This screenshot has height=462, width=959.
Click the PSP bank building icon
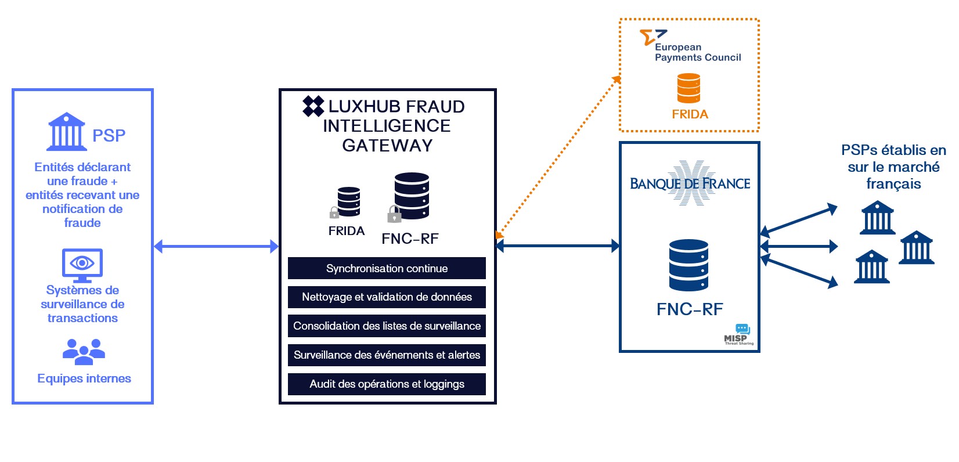pos(66,132)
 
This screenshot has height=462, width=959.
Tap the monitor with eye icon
pos(82,265)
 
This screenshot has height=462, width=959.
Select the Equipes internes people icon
pos(84,351)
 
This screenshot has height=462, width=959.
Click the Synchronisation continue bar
pos(387,268)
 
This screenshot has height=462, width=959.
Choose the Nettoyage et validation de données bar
pos(387,297)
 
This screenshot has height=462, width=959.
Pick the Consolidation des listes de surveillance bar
pos(387,326)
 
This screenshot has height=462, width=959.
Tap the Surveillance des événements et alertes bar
pos(387,355)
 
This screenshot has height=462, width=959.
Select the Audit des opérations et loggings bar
pos(387,384)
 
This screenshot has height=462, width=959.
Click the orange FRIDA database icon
pos(688,88)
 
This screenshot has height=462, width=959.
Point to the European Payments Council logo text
pos(697,52)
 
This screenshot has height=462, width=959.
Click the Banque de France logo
pos(690,183)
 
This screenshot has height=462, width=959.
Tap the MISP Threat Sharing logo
pos(738,335)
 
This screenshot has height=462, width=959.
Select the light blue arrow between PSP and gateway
pos(216,247)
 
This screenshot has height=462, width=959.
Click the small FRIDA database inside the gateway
pos(349,201)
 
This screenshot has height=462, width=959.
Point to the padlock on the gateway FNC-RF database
pos(394,215)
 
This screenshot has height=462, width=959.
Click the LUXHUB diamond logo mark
pos(313,106)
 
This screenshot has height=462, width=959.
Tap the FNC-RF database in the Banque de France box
pos(688,265)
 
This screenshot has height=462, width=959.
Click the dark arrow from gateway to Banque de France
pos(558,246)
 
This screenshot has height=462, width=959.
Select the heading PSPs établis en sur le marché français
pos(893,167)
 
